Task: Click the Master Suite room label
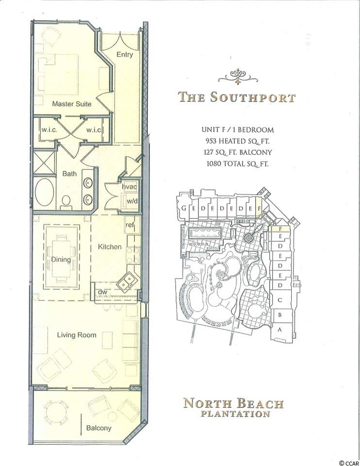[x=72, y=104]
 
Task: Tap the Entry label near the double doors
[x=125, y=55]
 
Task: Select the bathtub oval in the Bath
[x=45, y=192]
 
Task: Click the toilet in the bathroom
[x=66, y=202]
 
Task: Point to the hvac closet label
[x=130, y=187]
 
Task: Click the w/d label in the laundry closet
[x=132, y=200]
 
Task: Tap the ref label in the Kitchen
[x=130, y=225]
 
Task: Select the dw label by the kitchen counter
[x=102, y=292]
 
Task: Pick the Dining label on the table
[x=61, y=259]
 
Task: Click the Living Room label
[x=77, y=335]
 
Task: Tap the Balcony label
[x=98, y=428]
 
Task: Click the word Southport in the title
[x=252, y=97]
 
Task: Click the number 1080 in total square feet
[x=213, y=164]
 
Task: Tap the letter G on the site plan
[x=184, y=208]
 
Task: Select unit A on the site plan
[x=279, y=329]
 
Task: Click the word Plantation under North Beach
[x=235, y=414]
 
